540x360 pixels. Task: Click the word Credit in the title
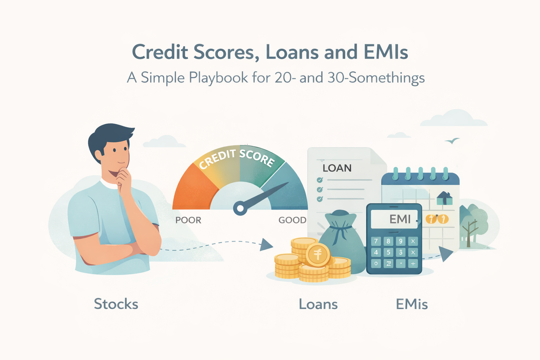(x=160, y=52)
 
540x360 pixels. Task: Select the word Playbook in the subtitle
(x=218, y=78)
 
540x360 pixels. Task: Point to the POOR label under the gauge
(x=188, y=220)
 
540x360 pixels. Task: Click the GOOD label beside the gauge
(x=292, y=220)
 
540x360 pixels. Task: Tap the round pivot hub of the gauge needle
(x=240, y=208)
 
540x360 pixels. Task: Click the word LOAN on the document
(x=337, y=168)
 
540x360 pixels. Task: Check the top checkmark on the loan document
(x=320, y=180)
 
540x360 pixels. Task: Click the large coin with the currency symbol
(x=318, y=254)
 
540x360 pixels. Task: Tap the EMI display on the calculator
(x=394, y=219)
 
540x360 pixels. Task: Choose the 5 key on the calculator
(x=388, y=252)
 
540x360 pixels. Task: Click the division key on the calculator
(x=413, y=263)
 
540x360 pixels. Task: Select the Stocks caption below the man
(x=116, y=304)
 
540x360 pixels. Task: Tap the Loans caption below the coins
(x=318, y=304)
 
